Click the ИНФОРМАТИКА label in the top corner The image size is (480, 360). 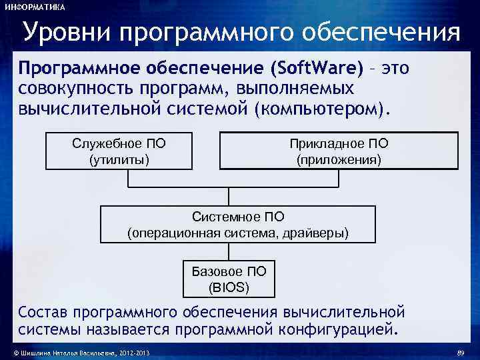pos(35,7)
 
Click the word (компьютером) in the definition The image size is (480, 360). pos(320,108)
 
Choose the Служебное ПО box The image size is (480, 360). pos(119,151)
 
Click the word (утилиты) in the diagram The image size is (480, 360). pos(119,160)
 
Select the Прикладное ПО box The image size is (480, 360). pos(339,151)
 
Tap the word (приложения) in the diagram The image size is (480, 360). pos(339,160)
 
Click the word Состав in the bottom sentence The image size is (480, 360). pos(43,312)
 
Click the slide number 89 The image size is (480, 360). pos(459,352)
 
